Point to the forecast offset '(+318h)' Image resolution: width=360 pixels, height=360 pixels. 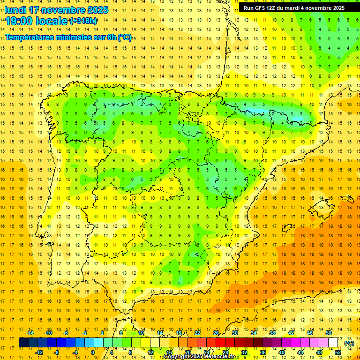coord(83,21)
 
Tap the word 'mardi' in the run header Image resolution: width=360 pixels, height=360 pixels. coord(295,8)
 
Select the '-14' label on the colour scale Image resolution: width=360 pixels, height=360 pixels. coord(30,333)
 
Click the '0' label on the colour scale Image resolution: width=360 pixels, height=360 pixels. coord(93,352)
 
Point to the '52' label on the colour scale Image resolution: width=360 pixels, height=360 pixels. coord(338,352)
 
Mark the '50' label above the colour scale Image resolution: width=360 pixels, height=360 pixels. coord(328,333)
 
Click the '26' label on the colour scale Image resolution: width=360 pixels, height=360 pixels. coord(216,333)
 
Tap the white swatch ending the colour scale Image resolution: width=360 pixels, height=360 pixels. coord(333,343)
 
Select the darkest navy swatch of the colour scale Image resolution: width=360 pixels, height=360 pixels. coord(23,343)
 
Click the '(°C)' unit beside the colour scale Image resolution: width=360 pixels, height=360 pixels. coord(349,343)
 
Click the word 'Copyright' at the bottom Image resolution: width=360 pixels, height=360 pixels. coord(177,357)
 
